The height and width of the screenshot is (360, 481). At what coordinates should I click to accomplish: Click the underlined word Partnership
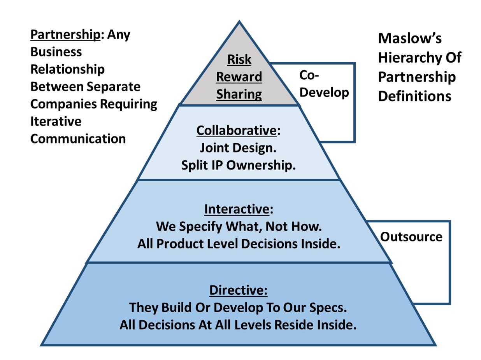(x=65, y=35)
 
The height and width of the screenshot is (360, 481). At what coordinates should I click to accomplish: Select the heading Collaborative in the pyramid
(x=237, y=130)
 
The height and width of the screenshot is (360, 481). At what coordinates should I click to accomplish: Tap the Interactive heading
(x=237, y=210)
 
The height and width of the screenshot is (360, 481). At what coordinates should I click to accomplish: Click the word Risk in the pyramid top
(x=239, y=59)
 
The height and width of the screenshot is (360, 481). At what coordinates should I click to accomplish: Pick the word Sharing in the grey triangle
(x=239, y=94)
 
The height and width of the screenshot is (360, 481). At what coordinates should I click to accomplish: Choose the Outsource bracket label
(x=411, y=237)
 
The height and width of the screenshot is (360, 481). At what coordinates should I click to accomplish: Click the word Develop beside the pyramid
(x=324, y=93)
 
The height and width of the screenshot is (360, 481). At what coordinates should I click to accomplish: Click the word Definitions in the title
(x=414, y=96)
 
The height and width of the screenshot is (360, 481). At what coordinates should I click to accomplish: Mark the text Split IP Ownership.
(x=239, y=165)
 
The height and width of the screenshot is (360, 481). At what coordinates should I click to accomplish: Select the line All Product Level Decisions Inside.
(x=239, y=244)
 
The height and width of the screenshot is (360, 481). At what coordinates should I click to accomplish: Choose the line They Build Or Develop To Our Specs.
(x=238, y=308)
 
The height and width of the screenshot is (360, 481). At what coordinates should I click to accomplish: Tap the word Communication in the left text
(x=78, y=138)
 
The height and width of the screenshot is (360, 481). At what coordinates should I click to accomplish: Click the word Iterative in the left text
(x=56, y=121)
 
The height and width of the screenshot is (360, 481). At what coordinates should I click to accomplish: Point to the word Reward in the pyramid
(x=239, y=77)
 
